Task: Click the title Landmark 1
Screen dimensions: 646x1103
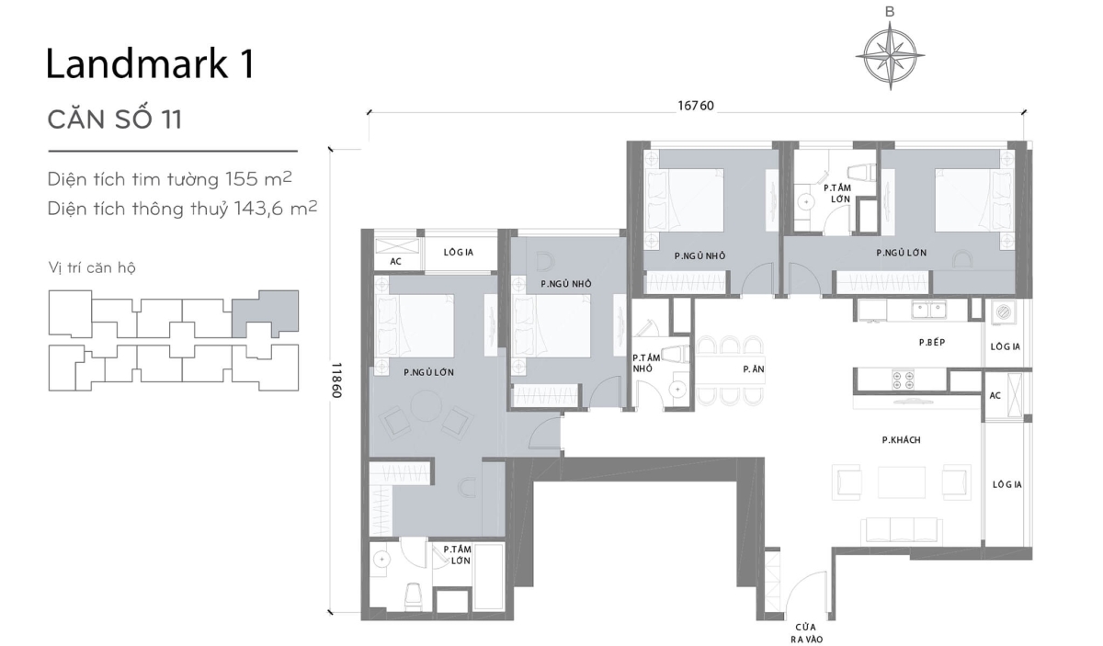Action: click(150, 65)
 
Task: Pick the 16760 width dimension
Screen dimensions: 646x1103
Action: click(696, 106)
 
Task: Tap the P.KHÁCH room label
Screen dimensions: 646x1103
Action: click(901, 440)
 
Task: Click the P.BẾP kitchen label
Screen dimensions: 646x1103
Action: click(932, 342)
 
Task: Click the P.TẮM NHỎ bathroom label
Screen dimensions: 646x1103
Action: click(644, 363)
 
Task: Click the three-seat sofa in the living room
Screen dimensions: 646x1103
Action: click(901, 529)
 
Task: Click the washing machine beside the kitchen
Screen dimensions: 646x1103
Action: click(1005, 312)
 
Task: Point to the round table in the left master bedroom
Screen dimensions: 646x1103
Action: click(426, 406)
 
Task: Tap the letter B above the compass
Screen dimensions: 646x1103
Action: click(889, 12)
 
